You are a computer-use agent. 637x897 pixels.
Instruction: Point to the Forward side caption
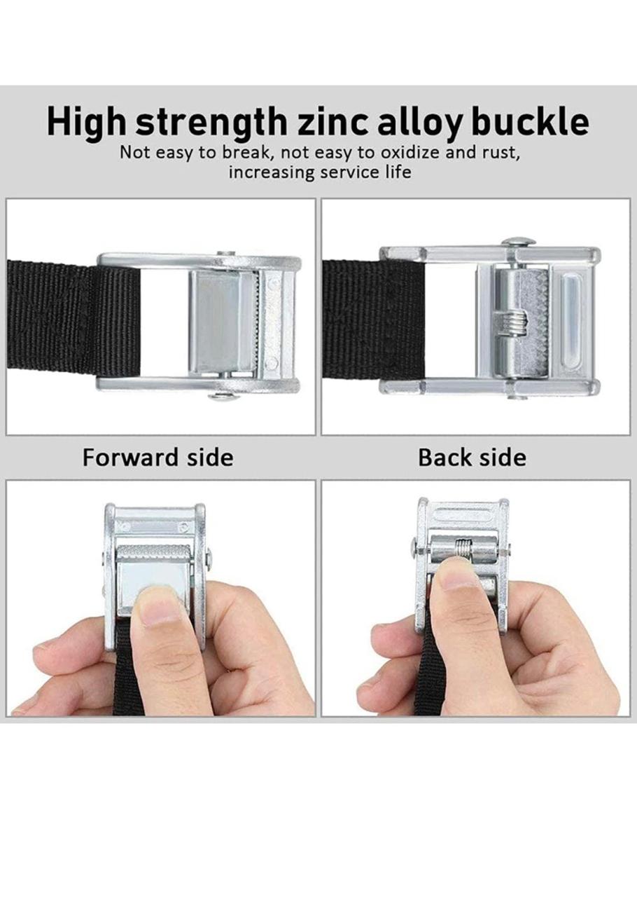(158, 458)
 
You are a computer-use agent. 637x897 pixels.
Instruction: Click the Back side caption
(472, 458)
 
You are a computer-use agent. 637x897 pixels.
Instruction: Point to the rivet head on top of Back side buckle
(518, 241)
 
